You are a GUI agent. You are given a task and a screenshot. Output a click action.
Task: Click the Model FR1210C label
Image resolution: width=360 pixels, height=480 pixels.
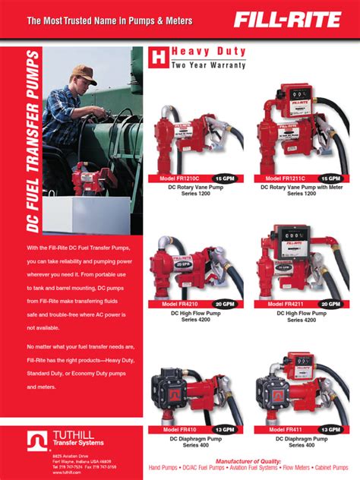[x=178, y=177]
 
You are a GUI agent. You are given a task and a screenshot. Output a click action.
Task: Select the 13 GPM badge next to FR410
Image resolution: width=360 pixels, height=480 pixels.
[x=225, y=430]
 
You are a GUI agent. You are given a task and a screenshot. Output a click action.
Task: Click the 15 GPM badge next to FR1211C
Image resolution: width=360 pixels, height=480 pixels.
[x=327, y=177]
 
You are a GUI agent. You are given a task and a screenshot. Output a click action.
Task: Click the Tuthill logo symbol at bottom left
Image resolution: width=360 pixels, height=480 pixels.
[x=36, y=441]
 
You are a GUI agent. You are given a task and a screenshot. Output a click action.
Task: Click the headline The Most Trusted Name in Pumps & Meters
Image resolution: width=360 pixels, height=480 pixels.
[x=109, y=21]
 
